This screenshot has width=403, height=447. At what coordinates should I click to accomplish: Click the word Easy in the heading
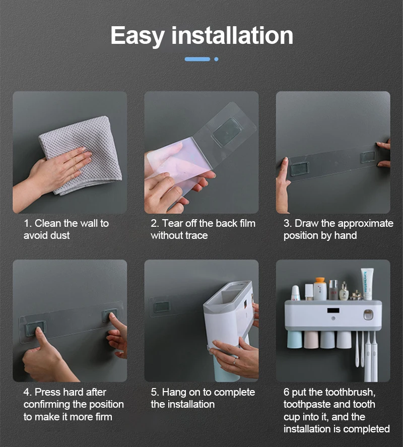(x=138, y=36)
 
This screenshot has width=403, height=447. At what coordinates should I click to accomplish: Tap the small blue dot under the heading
(x=216, y=59)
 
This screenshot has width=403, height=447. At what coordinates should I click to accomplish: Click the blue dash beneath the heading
(x=197, y=59)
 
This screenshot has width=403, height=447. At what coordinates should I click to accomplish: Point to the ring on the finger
(x=234, y=361)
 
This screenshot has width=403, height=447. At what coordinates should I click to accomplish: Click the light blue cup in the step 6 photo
(x=294, y=340)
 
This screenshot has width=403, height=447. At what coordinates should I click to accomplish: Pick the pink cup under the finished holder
(x=311, y=340)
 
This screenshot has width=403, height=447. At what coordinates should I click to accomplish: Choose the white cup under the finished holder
(x=344, y=340)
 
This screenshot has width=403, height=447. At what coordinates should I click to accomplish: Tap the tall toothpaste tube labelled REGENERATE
(x=367, y=284)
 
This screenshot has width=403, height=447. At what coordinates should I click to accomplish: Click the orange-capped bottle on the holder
(x=320, y=289)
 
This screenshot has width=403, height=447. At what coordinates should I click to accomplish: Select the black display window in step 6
(x=333, y=310)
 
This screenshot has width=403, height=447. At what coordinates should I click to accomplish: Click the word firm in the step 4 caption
(x=104, y=417)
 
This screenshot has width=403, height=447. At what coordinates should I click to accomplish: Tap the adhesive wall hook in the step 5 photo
(x=161, y=307)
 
